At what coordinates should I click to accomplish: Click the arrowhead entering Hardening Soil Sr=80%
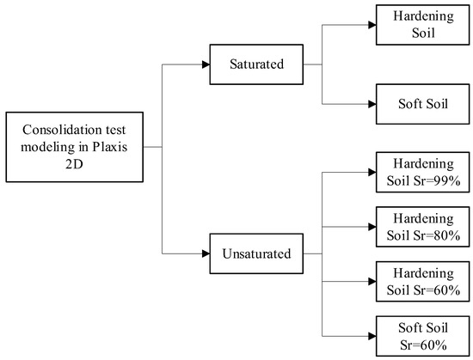(x=371, y=228)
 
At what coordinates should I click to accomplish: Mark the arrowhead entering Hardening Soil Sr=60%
(x=371, y=281)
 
